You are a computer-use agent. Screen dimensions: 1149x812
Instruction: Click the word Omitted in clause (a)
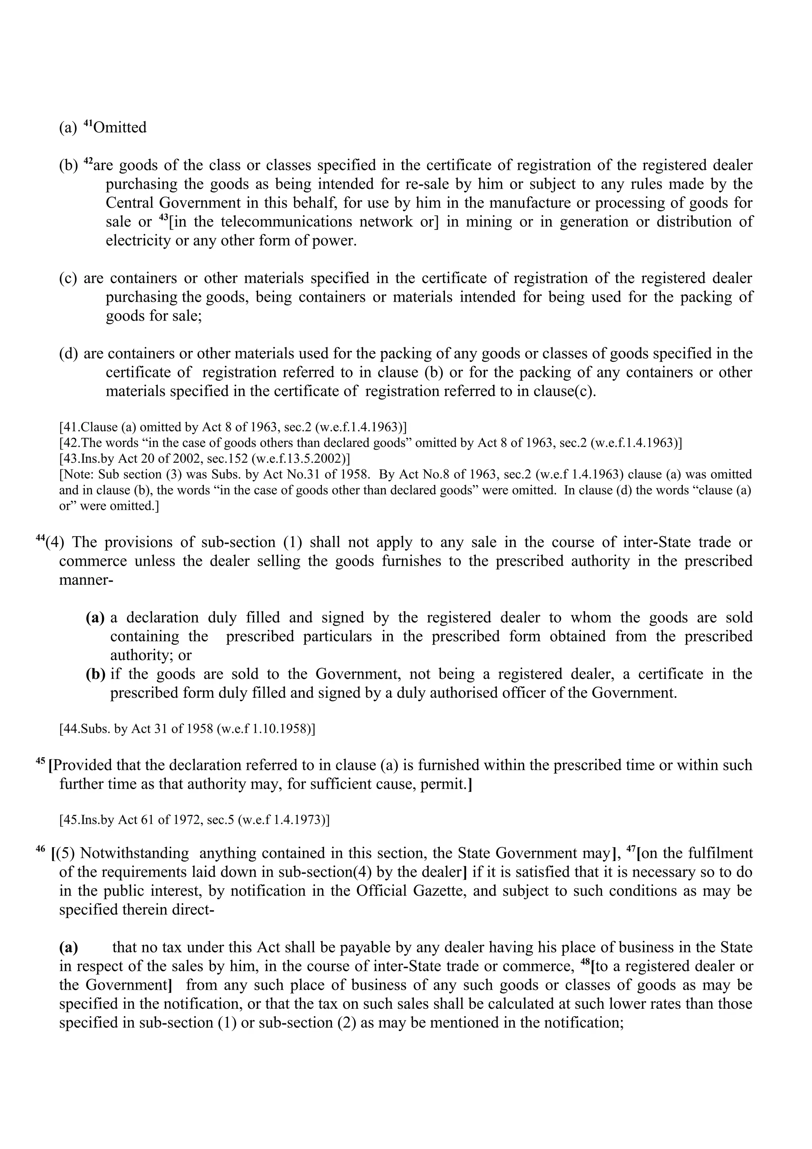(120, 128)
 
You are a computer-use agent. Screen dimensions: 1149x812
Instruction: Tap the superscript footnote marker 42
(88, 161)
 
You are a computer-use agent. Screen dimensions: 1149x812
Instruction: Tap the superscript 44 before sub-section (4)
(40, 538)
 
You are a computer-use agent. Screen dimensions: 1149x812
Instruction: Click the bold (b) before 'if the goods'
(95, 674)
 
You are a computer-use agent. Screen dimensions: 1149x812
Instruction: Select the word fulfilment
(720, 853)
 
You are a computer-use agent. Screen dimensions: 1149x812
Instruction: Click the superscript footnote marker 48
(585, 962)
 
